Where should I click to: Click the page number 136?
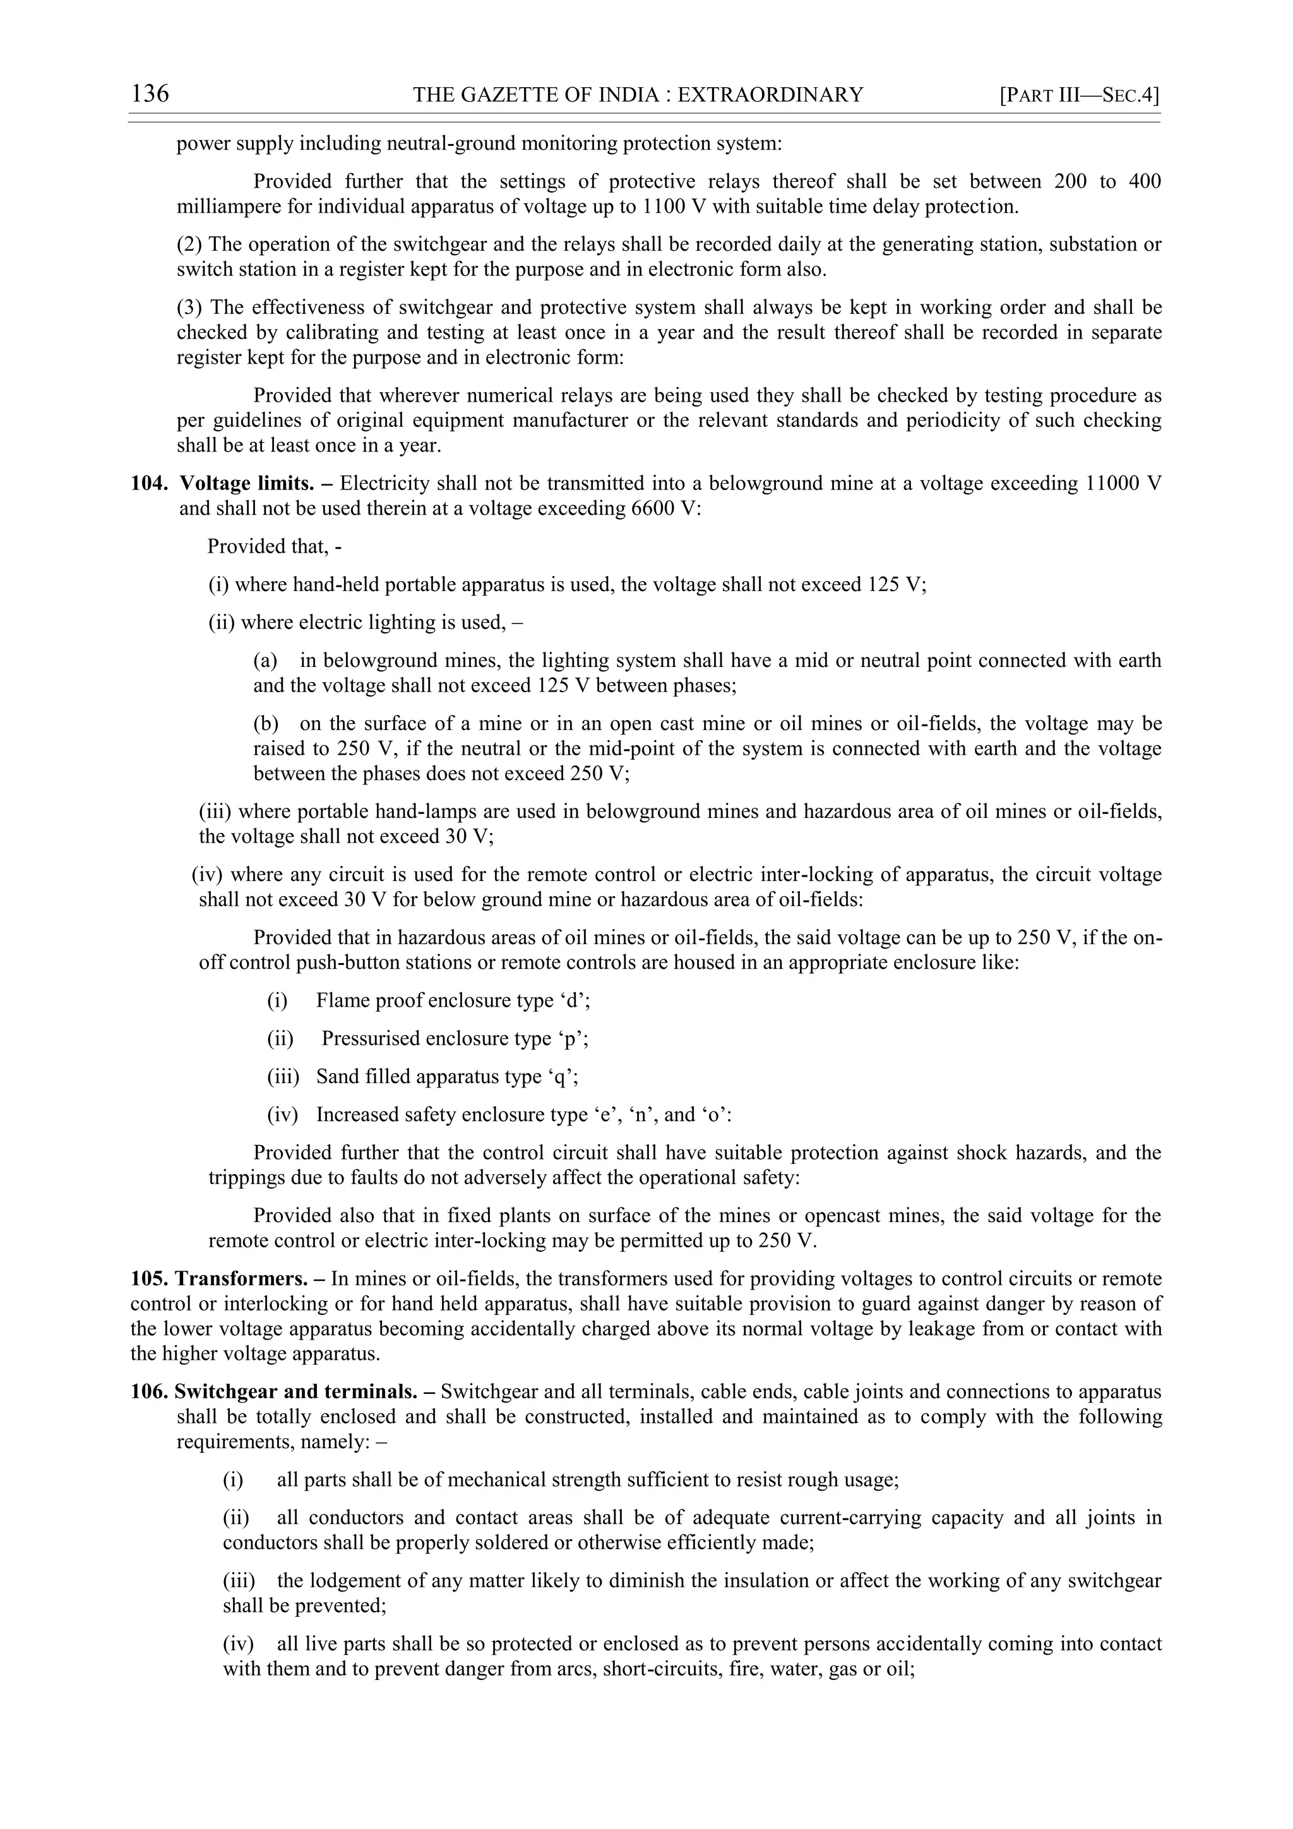[150, 94]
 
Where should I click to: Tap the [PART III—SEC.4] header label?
[1079, 95]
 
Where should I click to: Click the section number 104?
[150, 484]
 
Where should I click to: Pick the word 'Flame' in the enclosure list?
[342, 1000]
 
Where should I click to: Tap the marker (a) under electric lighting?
[265, 661]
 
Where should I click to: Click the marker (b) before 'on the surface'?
[266, 724]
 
